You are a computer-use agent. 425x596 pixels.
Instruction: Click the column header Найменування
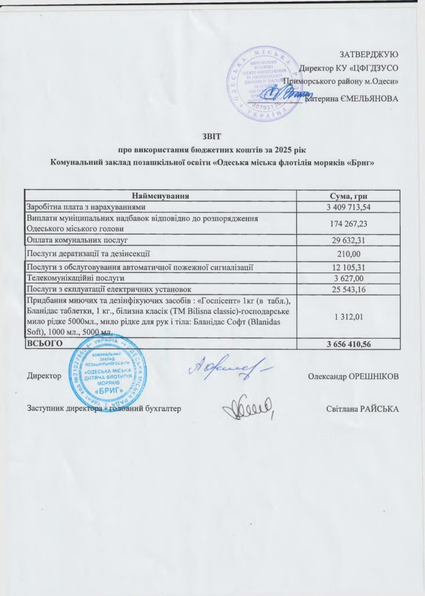click(160, 195)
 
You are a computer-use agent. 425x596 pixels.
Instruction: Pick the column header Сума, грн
click(348, 195)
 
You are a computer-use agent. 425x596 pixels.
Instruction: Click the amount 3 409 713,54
click(348, 207)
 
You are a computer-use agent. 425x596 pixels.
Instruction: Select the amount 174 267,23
click(348, 223)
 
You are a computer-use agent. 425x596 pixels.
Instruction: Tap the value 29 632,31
click(348, 240)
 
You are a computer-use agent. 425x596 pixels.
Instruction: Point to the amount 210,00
click(348, 254)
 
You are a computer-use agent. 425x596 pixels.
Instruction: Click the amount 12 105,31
click(348, 267)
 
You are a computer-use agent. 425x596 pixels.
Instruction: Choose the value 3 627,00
click(348, 278)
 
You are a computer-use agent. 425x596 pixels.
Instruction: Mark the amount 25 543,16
click(348, 289)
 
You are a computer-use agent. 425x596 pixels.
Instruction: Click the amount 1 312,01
click(348, 317)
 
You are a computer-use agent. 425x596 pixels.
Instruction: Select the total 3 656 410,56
click(348, 345)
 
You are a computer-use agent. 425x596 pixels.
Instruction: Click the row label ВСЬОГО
click(41, 345)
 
